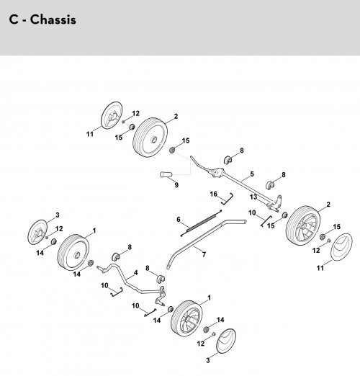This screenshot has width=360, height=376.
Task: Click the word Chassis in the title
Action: [x=53, y=19]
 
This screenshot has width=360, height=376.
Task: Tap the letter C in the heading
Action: [x=14, y=19]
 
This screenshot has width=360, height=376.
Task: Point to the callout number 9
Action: [x=176, y=185]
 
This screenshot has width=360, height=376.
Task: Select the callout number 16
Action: [x=213, y=194]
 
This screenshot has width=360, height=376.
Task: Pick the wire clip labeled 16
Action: [x=228, y=200]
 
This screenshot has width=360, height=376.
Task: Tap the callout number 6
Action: [x=179, y=220]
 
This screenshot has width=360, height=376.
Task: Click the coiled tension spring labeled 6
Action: [x=201, y=223]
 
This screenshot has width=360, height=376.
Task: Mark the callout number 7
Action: [x=204, y=254]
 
